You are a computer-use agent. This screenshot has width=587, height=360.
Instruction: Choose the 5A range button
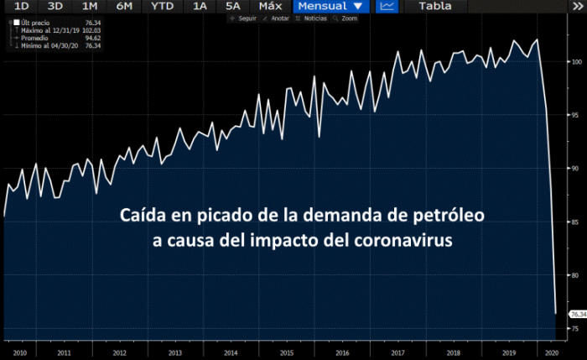coord(232,6)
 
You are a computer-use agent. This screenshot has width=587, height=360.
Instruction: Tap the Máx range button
coord(270,6)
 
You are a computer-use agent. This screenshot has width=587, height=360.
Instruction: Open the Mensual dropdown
coord(330,6)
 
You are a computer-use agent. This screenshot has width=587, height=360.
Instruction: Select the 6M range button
coord(123,6)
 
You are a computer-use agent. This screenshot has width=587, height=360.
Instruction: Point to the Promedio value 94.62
coord(92,39)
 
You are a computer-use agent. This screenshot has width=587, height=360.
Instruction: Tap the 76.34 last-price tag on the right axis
coord(578,314)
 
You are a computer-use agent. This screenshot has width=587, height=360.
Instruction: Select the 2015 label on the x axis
coord(286,353)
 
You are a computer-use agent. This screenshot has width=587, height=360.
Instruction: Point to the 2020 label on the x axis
coord(551,353)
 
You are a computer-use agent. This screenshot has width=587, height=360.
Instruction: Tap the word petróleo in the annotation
coord(452,216)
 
